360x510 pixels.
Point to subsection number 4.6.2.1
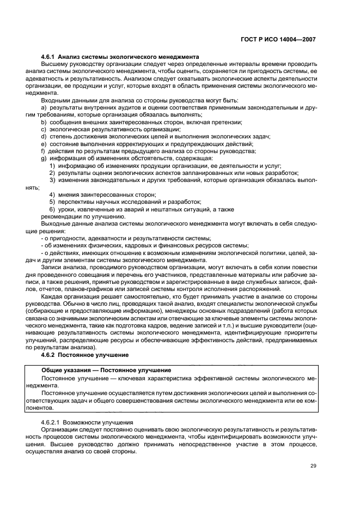(51, 422)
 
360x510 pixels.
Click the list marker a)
(44, 107)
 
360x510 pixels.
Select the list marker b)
(44, 123)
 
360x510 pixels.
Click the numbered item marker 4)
(52, 195)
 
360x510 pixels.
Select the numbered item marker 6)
(52, 209)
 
